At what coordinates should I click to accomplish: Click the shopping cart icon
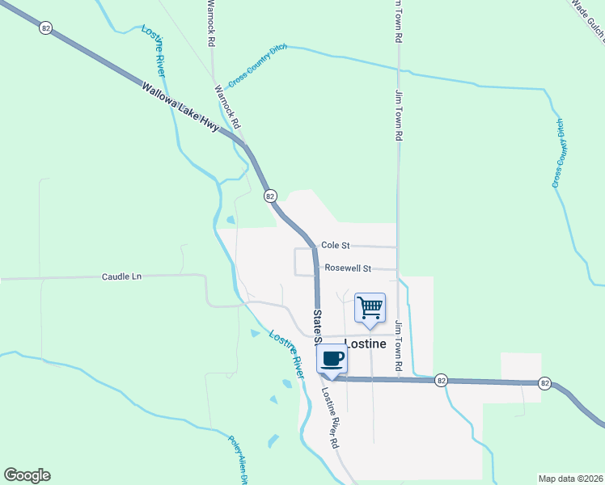[x=370, y=308]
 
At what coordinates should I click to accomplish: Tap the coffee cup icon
[x=332, y=359]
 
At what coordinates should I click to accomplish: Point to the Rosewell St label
[x=348, y=268]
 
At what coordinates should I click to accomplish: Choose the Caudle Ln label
[x=121, y=276]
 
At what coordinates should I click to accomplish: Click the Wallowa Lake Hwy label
[x=180, y=108]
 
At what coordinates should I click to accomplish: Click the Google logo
[x=27, y=475]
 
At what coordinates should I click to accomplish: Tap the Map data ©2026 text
[x=570, y=478]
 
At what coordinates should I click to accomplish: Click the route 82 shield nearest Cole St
[x=270, y=196]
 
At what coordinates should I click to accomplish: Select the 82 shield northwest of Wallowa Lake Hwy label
[x=45, y=27]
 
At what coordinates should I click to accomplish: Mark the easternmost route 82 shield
[x=546, y=383]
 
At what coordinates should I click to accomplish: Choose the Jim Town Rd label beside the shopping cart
[x=399, y=346]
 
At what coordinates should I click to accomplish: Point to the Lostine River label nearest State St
[x=286, y=353]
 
